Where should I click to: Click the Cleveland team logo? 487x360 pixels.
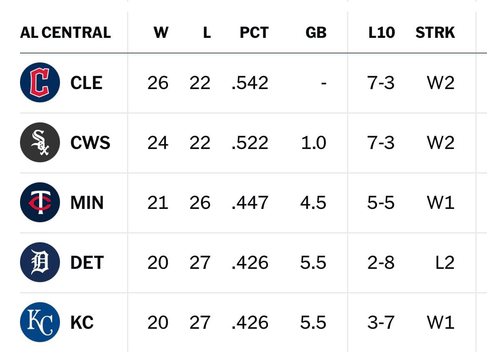(x=40, y=82)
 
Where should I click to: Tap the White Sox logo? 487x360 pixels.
(x=40, y=142)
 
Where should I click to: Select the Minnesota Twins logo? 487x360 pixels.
(x=40, y=202)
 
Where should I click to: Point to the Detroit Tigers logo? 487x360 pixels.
(x=40, y=262)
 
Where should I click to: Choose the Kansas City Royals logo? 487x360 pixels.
(x=40, y=322)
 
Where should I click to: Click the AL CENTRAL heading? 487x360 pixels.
(x=65, y=32)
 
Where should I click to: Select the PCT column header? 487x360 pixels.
(x=254, y=32)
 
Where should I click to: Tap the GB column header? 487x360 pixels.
(x=316, y=32)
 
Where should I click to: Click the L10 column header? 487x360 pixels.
(x=382, y=32)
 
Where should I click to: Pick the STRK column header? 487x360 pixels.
(x=435, y=32)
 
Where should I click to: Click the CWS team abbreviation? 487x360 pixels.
(x=90, y=143)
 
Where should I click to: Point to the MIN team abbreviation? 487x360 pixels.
(x=87, y=203)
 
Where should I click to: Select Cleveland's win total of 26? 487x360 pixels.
(x=158, y=83)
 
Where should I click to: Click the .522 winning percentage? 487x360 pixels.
(x=250, y=143)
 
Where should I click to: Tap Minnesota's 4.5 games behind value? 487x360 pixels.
(x=313, y=203)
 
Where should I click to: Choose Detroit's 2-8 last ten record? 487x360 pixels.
(x=381, y=263)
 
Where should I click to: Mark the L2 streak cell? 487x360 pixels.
(x=445, y=263)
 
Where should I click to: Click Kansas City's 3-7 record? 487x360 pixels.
(x=381, y=323)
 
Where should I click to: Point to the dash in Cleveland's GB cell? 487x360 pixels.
(x=324, y=84)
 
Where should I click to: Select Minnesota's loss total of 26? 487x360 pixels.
(x=200, y=203)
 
